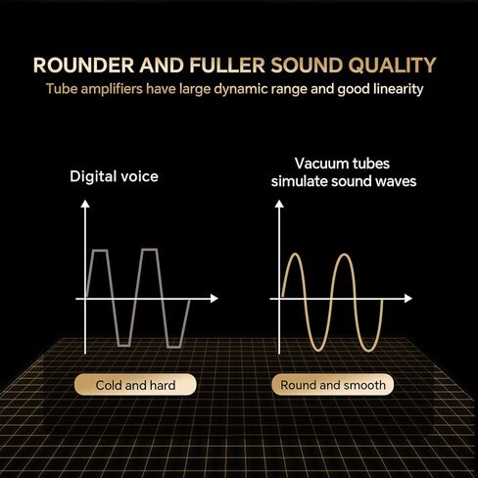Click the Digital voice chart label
114,177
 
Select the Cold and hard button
135,385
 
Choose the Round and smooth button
332,385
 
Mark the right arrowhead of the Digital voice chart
214,297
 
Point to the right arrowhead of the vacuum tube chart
407,297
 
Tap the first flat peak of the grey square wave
100,251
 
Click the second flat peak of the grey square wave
149,251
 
